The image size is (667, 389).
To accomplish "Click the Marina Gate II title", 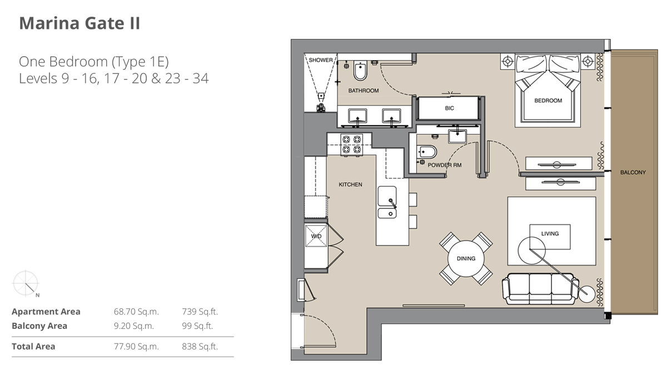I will (x=79, y=23).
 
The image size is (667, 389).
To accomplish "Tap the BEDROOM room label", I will (x=547, y=101).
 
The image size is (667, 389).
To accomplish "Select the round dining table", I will (x=466, y=258).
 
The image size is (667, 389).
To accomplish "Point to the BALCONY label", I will (x=633, y=172).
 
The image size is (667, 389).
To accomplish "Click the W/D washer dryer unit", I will (x=316, y=236).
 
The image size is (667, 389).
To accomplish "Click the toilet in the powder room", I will (x=427, y=151).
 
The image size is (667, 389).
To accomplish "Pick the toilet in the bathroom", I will (x=360, y=72).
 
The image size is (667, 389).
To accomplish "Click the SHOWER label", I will (x=321, y=60).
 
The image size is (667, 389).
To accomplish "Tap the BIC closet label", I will (x=449, y=108).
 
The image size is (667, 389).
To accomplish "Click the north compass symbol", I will (x=26, y=283).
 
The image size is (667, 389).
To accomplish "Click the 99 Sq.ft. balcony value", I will (x=197, y=326).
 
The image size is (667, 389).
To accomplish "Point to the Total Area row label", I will (x=33, y=346).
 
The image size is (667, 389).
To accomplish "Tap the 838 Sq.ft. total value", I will (x=200, y=346).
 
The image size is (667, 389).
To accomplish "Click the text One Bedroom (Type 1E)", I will (x=93, y=61).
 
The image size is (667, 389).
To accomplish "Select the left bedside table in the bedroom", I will (x=507, y=61).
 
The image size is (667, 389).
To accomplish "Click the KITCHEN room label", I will (x=350, y=184).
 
